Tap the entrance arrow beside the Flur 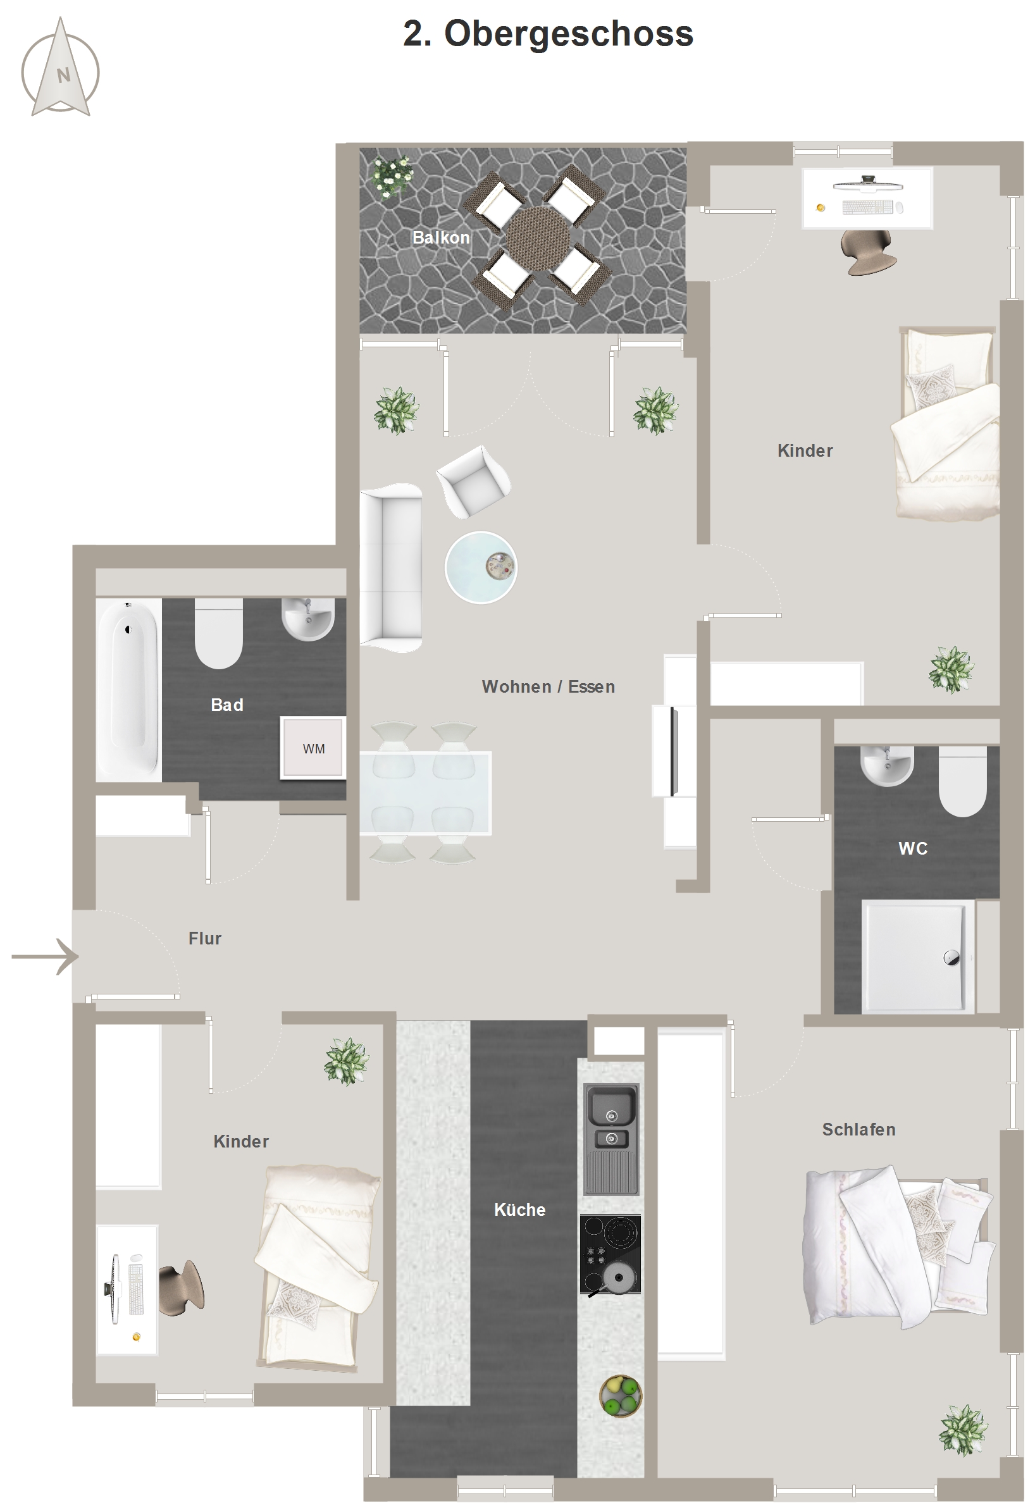click(46, 956)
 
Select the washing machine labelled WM click(313, 748)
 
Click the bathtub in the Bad click(128, 689)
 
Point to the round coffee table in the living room click(481, 567)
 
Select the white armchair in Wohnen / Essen click(473, 481)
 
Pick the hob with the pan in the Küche click(610, 1254)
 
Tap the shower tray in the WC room click(917, 956)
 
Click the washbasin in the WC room click(886, 765)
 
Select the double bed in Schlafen click(899, 1246)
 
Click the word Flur click(205, 938)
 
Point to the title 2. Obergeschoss click(548, 34)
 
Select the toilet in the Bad click(218, 633)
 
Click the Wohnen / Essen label click(548, 686)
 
